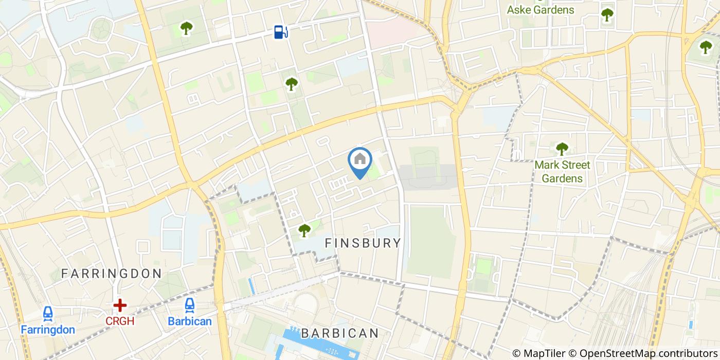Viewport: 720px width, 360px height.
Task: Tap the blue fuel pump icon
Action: [280, 32]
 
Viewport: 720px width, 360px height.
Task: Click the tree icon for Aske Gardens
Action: [607, 14]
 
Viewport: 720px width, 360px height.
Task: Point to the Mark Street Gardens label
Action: [562, 172]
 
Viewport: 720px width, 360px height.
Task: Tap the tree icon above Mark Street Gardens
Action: [562, 149]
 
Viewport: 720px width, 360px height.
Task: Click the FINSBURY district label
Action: [363, 243]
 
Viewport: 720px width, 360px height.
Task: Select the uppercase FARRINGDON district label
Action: [112, 274]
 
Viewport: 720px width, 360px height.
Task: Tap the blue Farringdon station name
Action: [48, 330]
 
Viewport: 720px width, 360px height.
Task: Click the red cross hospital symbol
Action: [120, 305]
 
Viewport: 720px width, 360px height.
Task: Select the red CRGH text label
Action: [120, 321]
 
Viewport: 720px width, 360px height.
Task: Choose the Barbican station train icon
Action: [190, 305]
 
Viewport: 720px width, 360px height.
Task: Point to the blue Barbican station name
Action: [190, 321]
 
